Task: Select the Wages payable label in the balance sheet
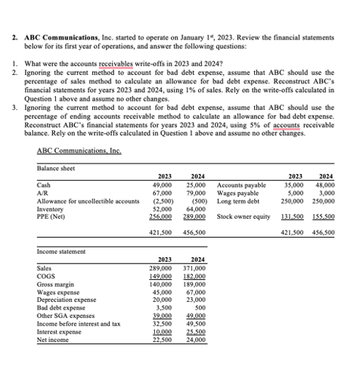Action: coord(236,194)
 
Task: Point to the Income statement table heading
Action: coord(61,251)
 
